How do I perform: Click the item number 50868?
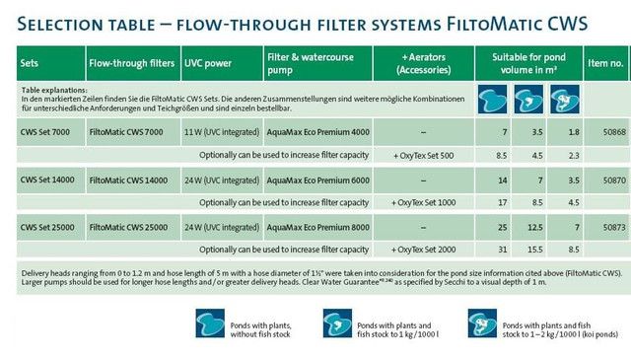click(614, 132)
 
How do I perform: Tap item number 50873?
click(614, 228)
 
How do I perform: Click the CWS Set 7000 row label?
click(45, 132)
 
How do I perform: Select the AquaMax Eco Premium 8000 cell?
click(317, 228)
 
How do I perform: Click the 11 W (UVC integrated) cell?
click(222, 132)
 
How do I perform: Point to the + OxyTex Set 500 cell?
click(423, 156)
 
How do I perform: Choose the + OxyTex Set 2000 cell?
click(423, 250)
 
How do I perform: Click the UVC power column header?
click(208, 63)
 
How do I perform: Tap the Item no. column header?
click(605, 63)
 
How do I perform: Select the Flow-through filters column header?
click(131, 63)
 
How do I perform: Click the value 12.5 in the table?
click(535, 228)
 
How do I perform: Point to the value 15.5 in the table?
click(535, 250)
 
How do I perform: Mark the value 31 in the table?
click(503, 250)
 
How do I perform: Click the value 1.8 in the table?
click(574, 132)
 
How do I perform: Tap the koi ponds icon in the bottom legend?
click(482, 324)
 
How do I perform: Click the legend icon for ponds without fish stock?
click(210, 324)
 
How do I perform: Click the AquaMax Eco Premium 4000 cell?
click(317, 132)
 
